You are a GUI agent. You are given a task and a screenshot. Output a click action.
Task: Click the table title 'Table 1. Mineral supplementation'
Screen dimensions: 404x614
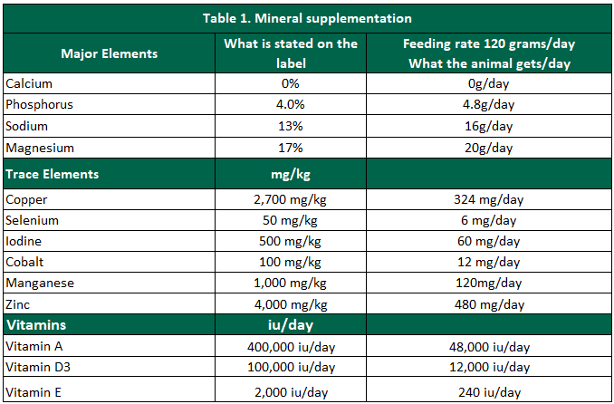point(307,18)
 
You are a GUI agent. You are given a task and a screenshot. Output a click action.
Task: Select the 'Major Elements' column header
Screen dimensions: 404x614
point(109,53)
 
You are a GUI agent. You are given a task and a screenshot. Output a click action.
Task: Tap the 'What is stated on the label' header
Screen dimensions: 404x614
point(291,53)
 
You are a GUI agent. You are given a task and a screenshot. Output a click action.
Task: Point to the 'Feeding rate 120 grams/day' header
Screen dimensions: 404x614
point(492,44)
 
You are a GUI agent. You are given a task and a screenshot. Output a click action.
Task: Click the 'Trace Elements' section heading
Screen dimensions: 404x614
point(52,174)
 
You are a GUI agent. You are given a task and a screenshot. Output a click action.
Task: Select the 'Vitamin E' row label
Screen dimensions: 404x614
point(34,391)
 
